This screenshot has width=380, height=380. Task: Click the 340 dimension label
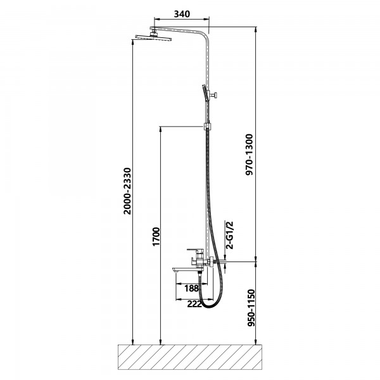(182, 14)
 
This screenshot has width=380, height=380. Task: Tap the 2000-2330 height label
(127, 191)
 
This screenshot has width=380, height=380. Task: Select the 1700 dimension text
(156, 236)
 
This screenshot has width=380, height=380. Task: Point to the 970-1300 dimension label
(249, 155)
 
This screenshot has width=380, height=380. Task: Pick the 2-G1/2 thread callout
(229, 235)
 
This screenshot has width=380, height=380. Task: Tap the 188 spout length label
(191, 288)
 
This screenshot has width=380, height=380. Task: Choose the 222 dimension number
(194, 303)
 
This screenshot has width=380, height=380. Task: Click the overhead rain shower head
(153, 37)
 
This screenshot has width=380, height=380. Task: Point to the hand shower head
(205, 92)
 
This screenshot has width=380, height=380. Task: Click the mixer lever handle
(194, 250)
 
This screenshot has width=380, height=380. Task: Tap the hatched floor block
(190, 357)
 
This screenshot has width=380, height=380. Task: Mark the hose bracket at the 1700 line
(206, 127)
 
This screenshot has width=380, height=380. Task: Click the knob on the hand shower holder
(214, 94)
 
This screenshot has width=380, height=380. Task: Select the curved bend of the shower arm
(205, 34)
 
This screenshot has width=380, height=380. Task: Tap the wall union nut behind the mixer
(212, 262)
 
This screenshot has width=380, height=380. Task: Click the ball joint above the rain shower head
(153, 32)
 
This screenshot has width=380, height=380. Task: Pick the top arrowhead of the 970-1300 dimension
(256, 30)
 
